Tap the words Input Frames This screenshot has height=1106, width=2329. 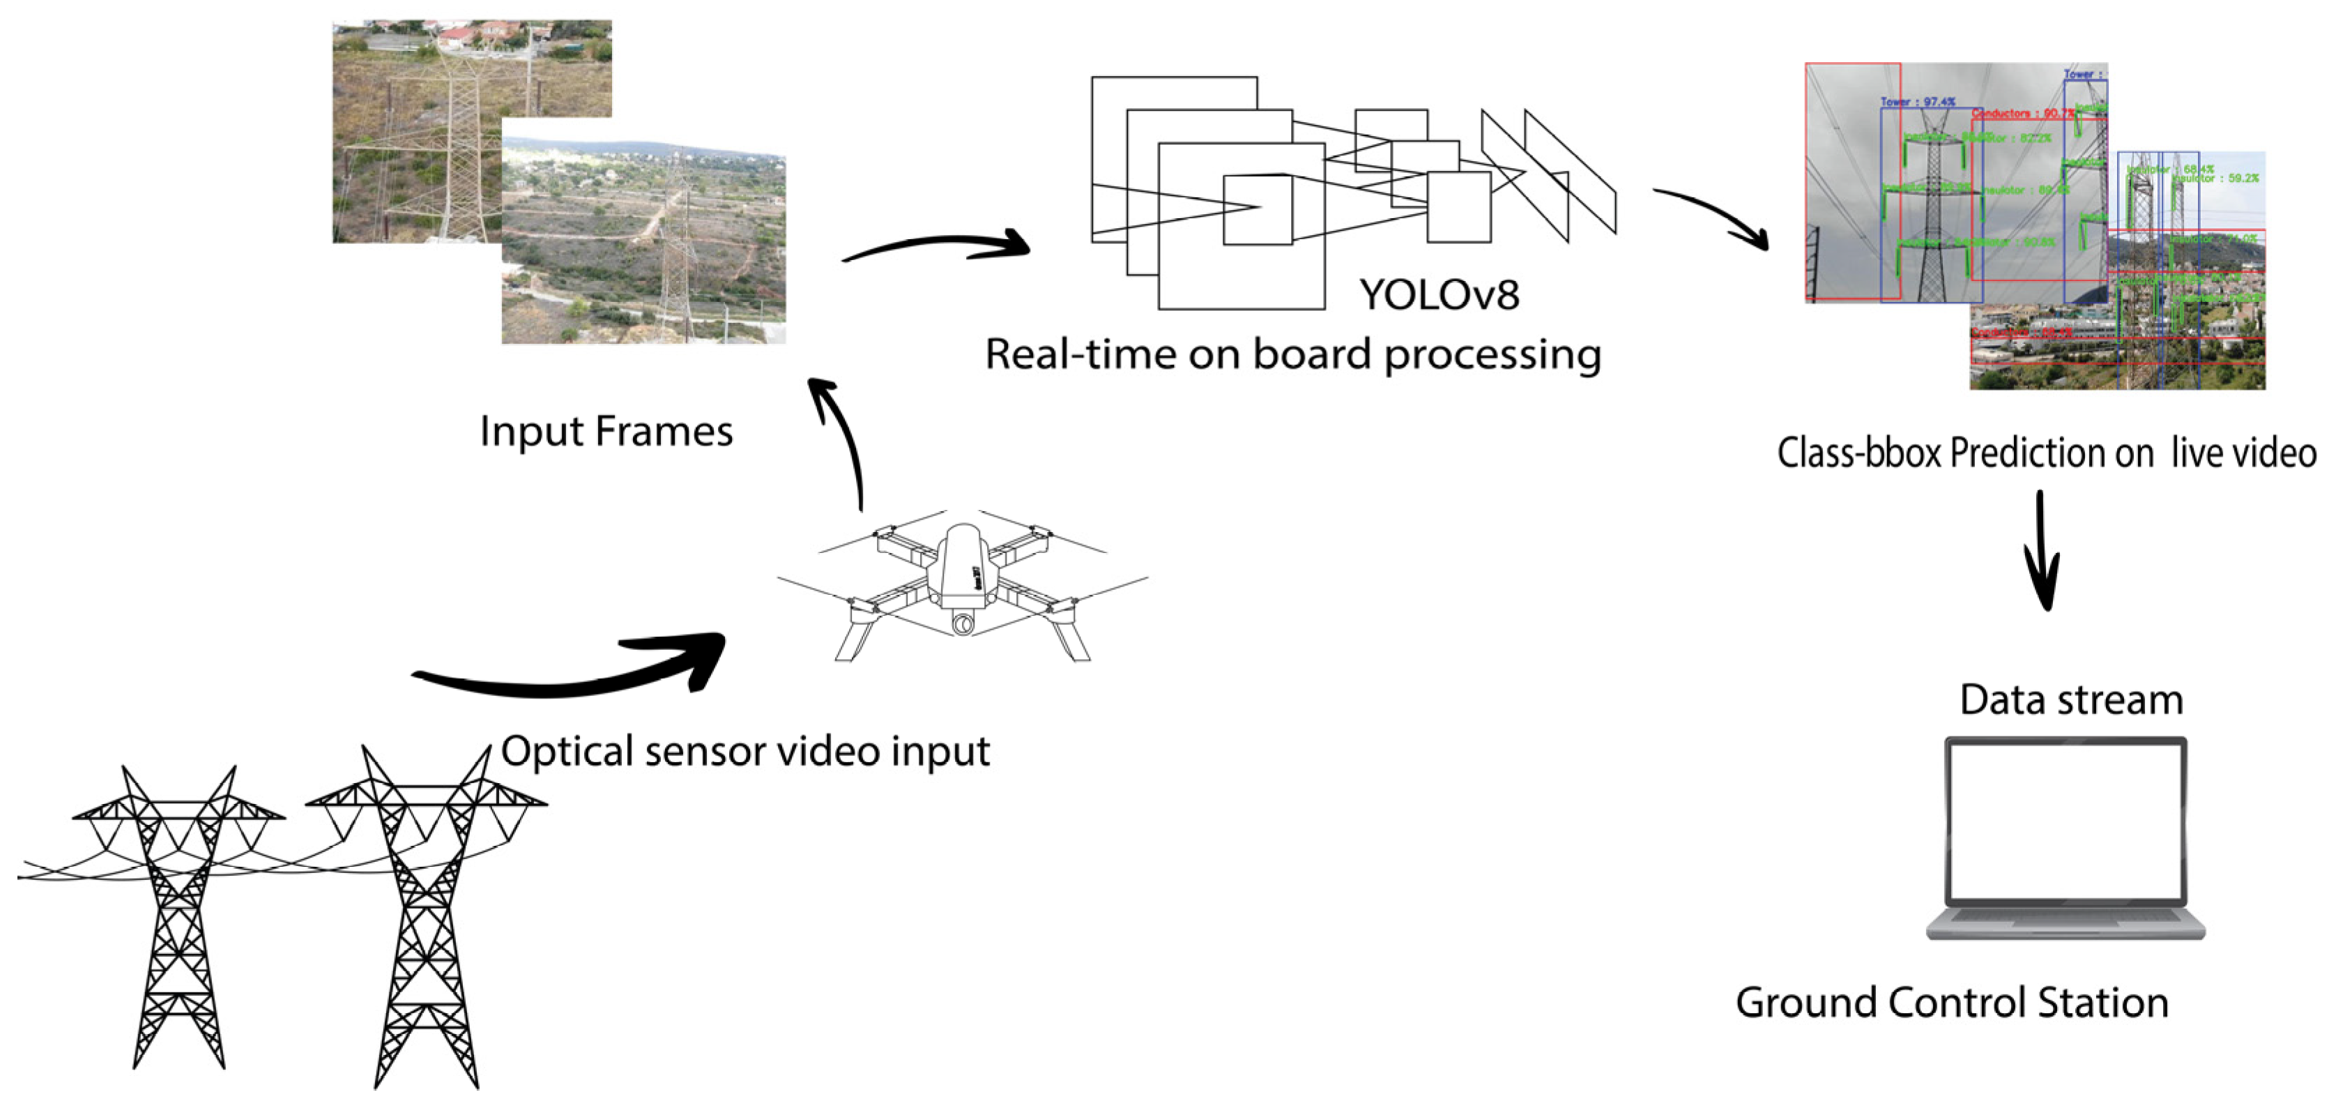[x=606, y=432]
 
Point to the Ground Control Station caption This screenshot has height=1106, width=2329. [x=1951, y=1003]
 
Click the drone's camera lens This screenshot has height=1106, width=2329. [x=963, y=624]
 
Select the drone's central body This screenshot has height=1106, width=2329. [x=963, y=566]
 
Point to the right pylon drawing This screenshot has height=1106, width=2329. [x=425, y=914]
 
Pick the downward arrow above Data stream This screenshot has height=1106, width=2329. [x=2042, y=552]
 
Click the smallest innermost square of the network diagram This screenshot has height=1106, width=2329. [x=1258, y=210]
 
